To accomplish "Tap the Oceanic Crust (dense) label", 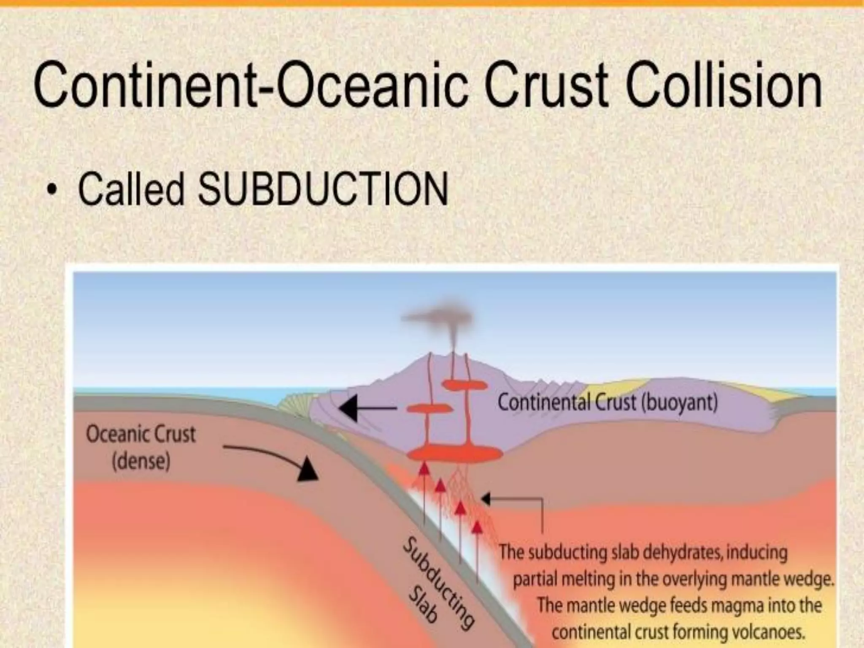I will point(141,448).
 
